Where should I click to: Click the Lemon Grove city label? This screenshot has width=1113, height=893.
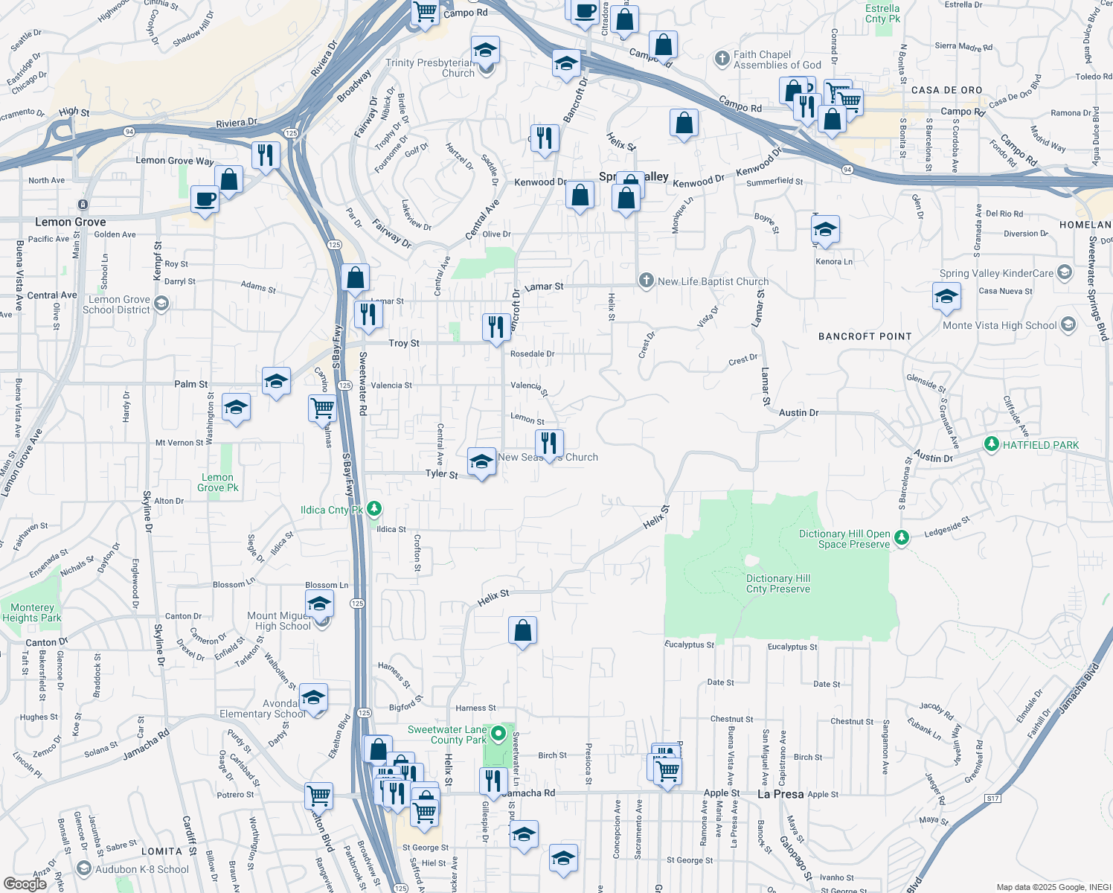71,222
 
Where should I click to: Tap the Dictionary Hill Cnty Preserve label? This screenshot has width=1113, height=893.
777,583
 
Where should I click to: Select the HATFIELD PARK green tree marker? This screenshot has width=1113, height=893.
991,444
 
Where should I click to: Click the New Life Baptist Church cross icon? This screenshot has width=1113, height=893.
646,281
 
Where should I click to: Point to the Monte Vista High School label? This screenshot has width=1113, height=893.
999,325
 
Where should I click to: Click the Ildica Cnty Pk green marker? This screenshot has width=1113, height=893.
374,509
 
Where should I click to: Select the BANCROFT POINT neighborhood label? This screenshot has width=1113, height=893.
865,336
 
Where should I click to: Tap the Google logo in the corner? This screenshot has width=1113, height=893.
25,883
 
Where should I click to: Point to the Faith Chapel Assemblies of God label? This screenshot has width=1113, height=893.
777,60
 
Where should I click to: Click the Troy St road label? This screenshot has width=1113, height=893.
404,343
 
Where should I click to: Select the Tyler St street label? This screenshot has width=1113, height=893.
441,473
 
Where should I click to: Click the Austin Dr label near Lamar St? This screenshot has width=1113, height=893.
798,412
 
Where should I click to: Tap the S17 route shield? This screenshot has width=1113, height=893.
992,798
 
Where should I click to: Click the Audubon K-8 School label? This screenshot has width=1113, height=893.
142,869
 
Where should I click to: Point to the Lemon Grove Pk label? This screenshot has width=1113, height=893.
218,482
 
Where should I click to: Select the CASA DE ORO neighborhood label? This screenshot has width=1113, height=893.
946,90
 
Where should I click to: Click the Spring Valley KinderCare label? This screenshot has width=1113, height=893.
996,273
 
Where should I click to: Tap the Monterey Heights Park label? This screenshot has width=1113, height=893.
32,612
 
